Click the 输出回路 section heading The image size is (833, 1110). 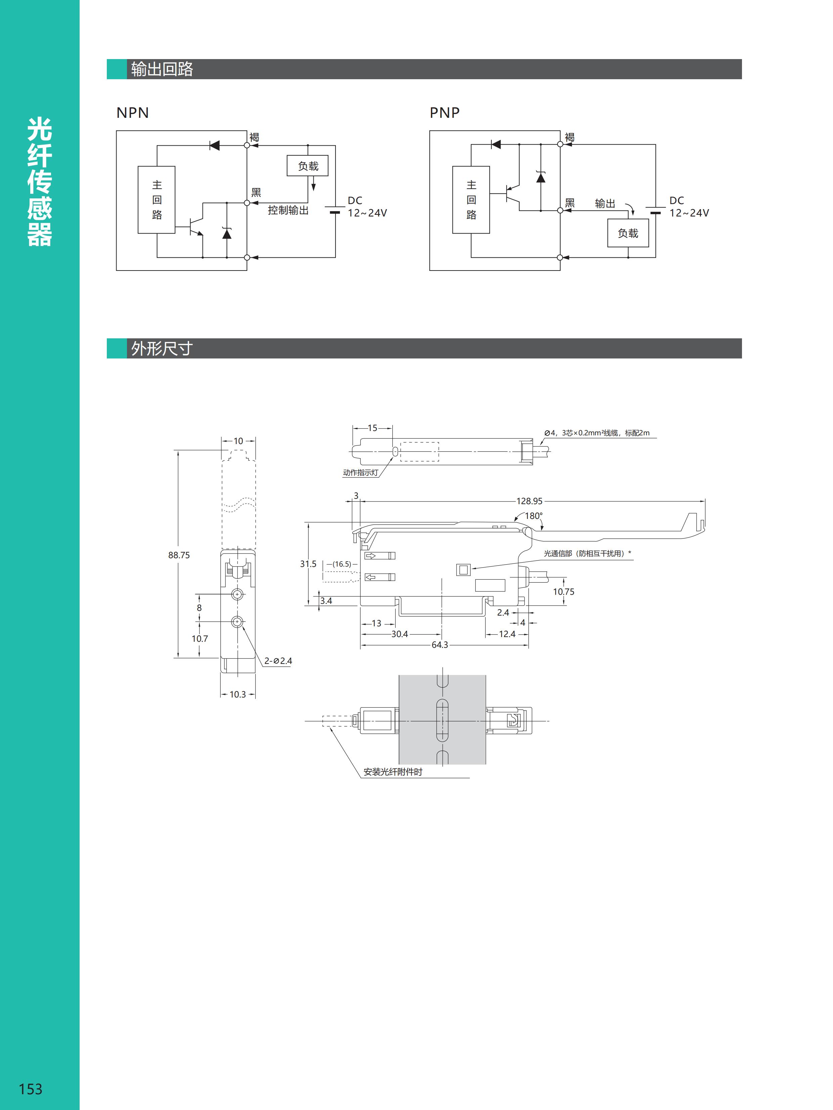click(x=162, y=69)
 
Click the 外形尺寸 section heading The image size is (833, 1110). click(x=162, y=348)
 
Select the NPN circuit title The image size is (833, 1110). click(x=133, y=113)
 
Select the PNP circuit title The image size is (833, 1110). click(x=444, y=113)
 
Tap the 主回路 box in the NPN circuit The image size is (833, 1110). click(x=157, y=200)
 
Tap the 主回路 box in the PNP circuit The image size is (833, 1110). click(x=471, y=200)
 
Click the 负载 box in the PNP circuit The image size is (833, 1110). click(x=628, y=233)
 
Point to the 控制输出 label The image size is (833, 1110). click(x=288, y=210)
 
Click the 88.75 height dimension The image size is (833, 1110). click(x=179, y=555)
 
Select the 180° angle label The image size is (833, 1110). click(x=534, y=516)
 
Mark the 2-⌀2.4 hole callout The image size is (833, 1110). click(x=278, y=661)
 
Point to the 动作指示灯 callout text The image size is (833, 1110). click(x=360, y=473)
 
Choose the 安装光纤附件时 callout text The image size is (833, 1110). click(x=393, y=772)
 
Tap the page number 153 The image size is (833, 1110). click(x=30, y=1089)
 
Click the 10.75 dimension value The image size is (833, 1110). click(x=563, y=592)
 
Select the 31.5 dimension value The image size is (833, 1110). click(x=308, y=564)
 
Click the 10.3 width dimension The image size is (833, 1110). click(x=237, y=694)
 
